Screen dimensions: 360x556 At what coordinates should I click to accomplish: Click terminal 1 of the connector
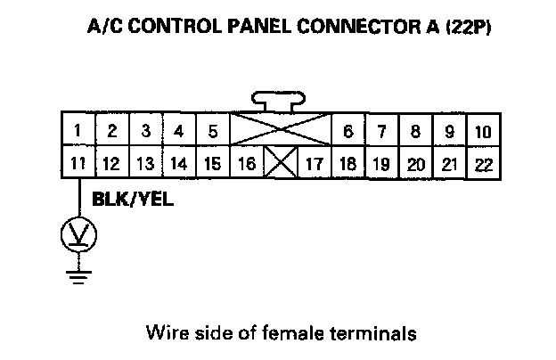(78, 131)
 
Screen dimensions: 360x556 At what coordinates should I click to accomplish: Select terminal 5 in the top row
(212, 131)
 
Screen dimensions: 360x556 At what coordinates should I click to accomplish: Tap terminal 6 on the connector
(347, 131)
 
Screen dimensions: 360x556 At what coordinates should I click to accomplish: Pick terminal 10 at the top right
(482, 131)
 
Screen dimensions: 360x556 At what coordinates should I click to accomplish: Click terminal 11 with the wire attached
(78, 163)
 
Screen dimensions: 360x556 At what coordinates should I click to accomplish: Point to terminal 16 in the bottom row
(247, 163)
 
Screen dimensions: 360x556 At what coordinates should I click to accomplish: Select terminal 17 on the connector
(314, 163)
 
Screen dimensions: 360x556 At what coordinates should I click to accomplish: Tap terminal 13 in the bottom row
(145, 163)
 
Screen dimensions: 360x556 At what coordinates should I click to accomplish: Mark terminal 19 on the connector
(381, 163)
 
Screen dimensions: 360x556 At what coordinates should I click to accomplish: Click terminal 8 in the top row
(415, 131)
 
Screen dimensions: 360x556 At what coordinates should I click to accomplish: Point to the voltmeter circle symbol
(78, 234)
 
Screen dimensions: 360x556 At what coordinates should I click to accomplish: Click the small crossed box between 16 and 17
(281, 163)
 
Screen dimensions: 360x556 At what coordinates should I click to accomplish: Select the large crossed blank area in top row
(281, 131)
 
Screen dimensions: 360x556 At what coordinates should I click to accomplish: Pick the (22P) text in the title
(469, 27)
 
